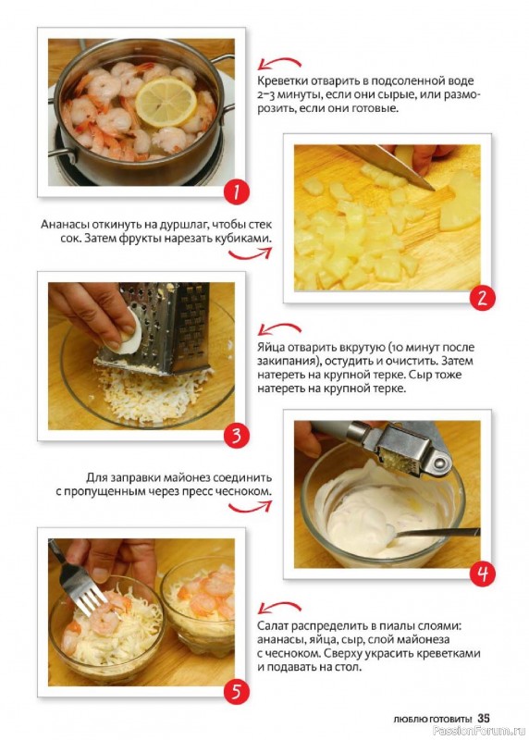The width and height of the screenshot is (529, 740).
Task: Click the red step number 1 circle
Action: (236, 192)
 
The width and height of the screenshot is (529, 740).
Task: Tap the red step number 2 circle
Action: (482, 298)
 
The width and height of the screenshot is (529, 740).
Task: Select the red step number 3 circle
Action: (236, 436)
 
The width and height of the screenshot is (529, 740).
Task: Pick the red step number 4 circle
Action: (482, 573)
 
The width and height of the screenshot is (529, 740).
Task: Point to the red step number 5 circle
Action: (236, 691)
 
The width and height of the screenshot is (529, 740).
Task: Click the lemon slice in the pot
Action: (166, 102)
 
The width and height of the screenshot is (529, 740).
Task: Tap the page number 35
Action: (484, 719)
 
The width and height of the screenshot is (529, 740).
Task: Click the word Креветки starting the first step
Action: (279, 81)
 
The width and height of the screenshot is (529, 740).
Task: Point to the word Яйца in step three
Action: (271, 348)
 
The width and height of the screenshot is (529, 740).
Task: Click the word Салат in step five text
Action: (272, 626)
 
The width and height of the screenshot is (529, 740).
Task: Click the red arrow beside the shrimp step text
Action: (280, 63)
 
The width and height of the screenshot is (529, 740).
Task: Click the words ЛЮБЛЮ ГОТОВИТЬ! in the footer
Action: (432, 720)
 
